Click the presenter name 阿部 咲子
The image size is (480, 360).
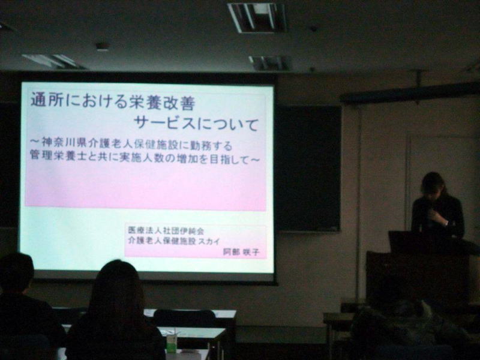click(x=241, y=252)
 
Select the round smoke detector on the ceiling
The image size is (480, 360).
click(x=103, y=47)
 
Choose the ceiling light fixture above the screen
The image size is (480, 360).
click(x=258, y=17)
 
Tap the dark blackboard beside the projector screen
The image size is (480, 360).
click(x=308, y=168)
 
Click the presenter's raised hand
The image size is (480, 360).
click(x=438, y=217)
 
